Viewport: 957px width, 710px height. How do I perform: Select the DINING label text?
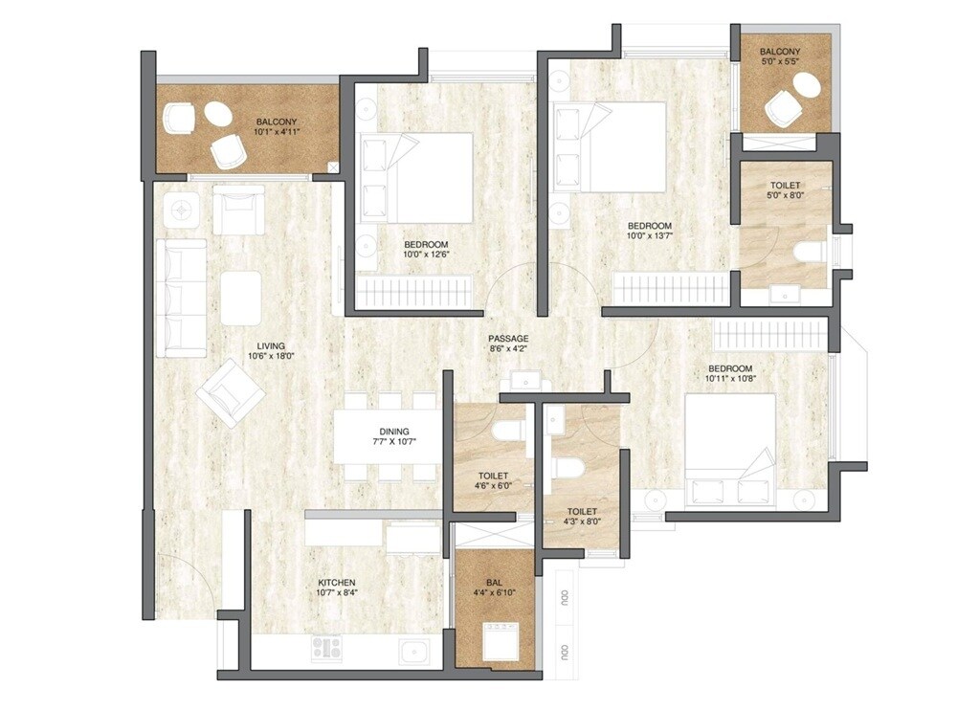point(392,431)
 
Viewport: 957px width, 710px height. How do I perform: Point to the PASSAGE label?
point(507,339)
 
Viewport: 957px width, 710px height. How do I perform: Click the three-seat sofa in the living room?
point(182,299)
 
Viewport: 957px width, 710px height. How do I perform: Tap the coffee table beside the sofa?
point(240,298)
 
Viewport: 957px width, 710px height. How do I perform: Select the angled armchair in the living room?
point(231,392)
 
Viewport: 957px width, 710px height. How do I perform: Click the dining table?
point(388,436)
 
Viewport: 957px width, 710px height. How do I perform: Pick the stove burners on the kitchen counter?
point(327,648)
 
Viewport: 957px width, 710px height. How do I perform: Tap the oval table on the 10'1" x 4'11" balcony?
point(217,115)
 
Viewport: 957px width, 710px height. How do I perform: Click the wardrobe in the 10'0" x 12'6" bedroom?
point(415,289)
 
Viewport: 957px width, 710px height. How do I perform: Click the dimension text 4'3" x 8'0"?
point(581,518)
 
